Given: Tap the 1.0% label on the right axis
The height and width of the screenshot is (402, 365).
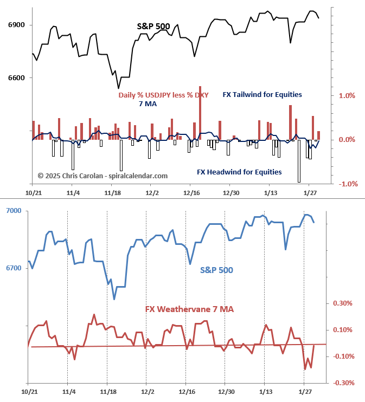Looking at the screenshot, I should (x=347, y=95).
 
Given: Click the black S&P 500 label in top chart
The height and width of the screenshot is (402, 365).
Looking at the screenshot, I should (x=153, y=25).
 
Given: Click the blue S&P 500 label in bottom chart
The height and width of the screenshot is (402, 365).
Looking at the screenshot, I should (x=216, y=269).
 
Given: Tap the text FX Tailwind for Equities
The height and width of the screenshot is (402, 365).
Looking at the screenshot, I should (x=262, y=94).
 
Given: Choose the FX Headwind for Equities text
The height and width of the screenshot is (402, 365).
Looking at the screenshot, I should (x=239, y=172).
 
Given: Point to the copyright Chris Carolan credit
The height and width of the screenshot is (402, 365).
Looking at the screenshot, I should (x=103, y=176).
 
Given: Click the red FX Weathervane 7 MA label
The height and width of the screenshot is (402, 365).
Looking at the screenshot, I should (x=189, y=309).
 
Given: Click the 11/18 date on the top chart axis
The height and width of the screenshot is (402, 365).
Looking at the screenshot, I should (x=112, y=193).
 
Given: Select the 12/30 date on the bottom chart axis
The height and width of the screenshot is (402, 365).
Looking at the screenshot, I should (x=226, y=392).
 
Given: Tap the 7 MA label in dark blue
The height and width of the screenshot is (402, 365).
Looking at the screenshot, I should (x=148, y=104).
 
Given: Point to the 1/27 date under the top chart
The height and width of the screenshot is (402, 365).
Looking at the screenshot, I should (x=310, y=193).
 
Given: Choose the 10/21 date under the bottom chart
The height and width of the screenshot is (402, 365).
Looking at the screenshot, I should (x=29, y=392).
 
